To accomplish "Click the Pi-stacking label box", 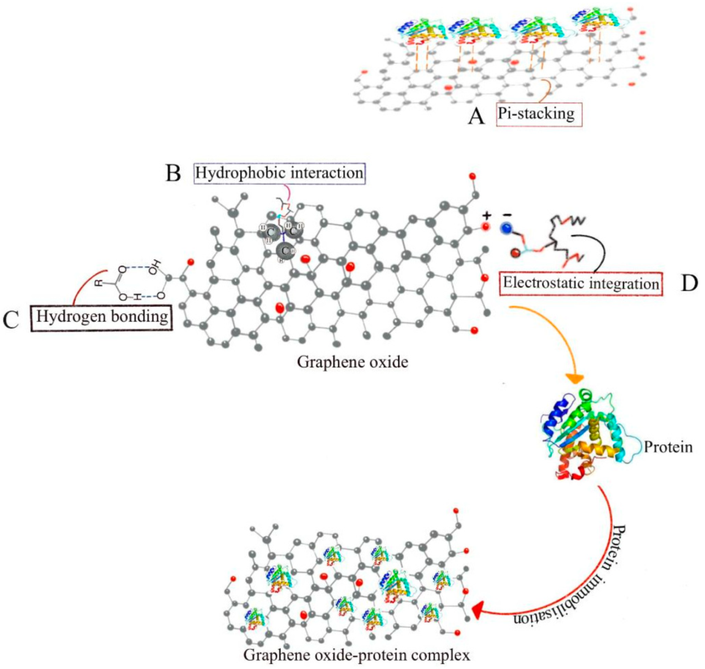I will pyautogui.click(x=539, y=114).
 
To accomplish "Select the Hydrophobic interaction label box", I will pyautogui.click(x=279, y=172).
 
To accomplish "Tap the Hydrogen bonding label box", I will pyautogui.click(x=102, y=317).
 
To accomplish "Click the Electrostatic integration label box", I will pyautogui.click(x=581, y=283).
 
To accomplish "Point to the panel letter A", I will pyautogui.click(x=477, y=116).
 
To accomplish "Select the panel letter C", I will pyautogui.click(x=11, y=320).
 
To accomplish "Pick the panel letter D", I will pyautogui.click(x=689, y=283).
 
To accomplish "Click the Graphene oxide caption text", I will pyautogui.click(x=352, y=362).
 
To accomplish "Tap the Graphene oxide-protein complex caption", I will pyautogui.click(x=357, y=655).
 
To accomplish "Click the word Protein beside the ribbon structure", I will pyautogui.click(x=668, y=447).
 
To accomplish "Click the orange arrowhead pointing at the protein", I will pyautogui.click(x=576, y=377).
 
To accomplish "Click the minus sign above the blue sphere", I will pyautogui.click(x=507, y=215).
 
